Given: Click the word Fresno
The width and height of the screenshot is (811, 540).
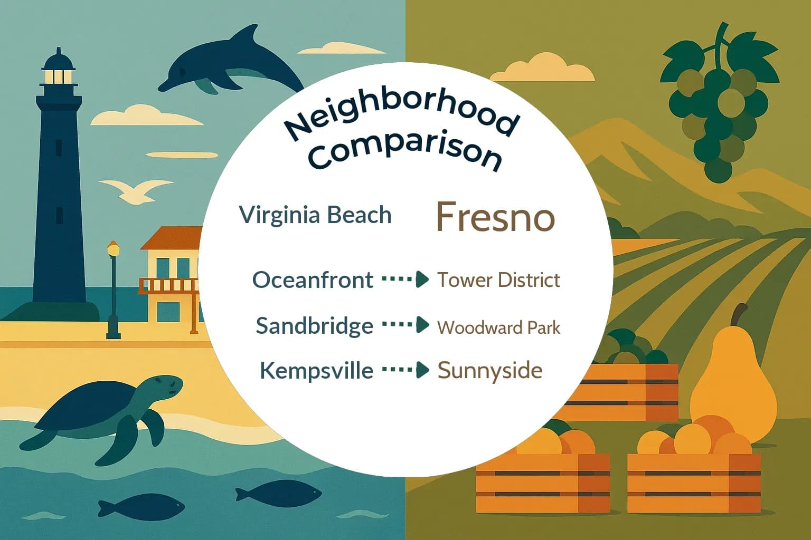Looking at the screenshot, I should pos(495,217).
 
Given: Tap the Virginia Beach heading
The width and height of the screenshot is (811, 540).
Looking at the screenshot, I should pos(315,215).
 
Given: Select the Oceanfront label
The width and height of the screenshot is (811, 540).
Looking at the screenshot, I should pos(313,279).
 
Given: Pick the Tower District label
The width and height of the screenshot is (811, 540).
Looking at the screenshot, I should pos(498,279).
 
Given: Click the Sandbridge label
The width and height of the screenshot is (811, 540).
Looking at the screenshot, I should pos(314,325).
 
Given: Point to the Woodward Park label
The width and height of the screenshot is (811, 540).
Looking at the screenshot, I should pos(498,327).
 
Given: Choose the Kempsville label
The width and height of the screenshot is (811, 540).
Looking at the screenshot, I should pos(316,370).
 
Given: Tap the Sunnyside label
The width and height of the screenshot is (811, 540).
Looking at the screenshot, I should pos(489,370).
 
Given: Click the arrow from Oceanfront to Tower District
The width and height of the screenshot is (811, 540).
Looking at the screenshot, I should pos(405,279).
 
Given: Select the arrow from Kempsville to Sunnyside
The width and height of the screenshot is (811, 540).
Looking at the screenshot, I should pos(405,370).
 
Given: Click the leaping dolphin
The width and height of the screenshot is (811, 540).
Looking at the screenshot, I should pos(232,63).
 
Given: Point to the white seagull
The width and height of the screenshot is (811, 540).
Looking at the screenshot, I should pos(136,190).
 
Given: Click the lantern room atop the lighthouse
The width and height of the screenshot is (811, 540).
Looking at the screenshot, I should pos(58,74).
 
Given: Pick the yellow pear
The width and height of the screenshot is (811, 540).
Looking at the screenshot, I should pos(734,380).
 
